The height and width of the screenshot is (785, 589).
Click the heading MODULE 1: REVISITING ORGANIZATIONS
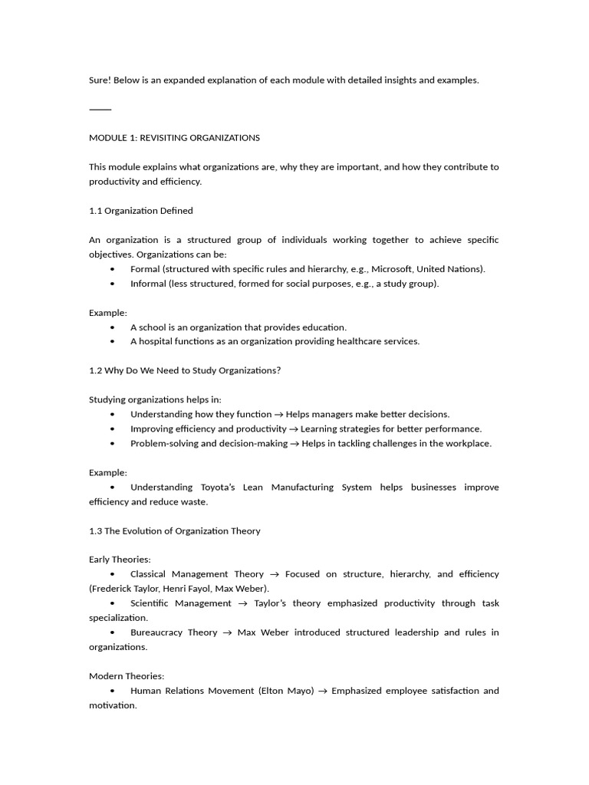click(174, 138)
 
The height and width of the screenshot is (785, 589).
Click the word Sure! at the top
click(101, 80)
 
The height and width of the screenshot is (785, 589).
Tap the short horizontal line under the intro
click(100, 110)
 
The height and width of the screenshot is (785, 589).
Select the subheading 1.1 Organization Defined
click(141, 211)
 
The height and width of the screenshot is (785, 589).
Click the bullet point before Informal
click(113, 284)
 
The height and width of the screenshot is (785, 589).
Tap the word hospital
click(155, 342)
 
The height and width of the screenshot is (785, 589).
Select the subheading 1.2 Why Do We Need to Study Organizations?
click(185, 371)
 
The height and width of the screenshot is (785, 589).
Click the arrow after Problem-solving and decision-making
click(294, 444)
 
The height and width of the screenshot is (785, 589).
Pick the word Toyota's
click(222, 488)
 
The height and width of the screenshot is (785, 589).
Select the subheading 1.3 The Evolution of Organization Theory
click(175, 531)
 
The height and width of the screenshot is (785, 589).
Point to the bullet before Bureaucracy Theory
click(113, 632)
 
